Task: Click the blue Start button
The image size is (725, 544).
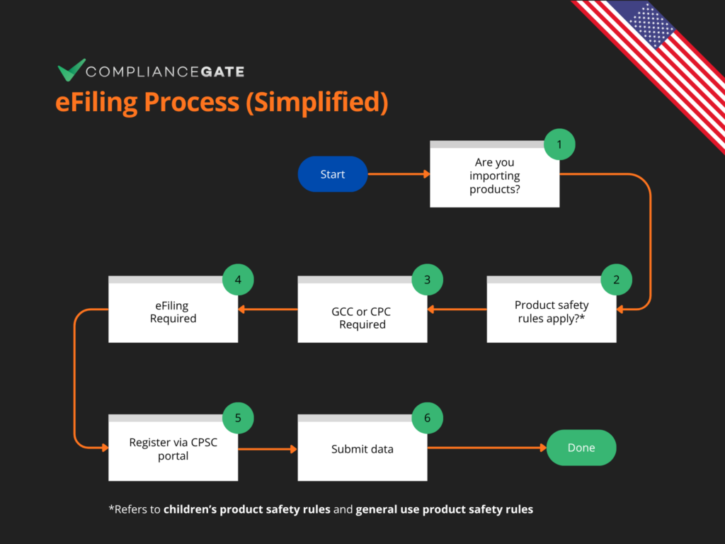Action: [x=333, y=174]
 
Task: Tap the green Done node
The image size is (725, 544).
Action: [x=581, y=448]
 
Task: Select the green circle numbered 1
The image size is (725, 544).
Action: [x=559, y=144]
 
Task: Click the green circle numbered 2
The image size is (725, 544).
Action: [x=616, y=279]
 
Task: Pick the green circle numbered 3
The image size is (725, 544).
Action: [x=427, y=279]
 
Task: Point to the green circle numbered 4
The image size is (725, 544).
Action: [x=238, y=279]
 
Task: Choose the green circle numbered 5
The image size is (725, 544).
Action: [x=238, y=418]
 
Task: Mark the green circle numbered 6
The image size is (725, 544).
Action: [x=427, y=418]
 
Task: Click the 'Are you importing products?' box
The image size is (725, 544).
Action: [x=494, y=176]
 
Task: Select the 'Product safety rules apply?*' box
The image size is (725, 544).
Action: [x=551, y=312]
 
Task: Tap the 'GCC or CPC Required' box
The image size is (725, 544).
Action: [x=362, y=318]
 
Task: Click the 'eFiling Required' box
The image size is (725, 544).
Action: [x=173, y=312]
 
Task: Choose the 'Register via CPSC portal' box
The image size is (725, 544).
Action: [x=173, y=449]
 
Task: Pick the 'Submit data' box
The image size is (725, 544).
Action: [x=362, y=449]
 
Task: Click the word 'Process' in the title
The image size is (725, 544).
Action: [x=192, y=102]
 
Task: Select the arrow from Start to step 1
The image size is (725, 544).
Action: [x=399, y=174]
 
